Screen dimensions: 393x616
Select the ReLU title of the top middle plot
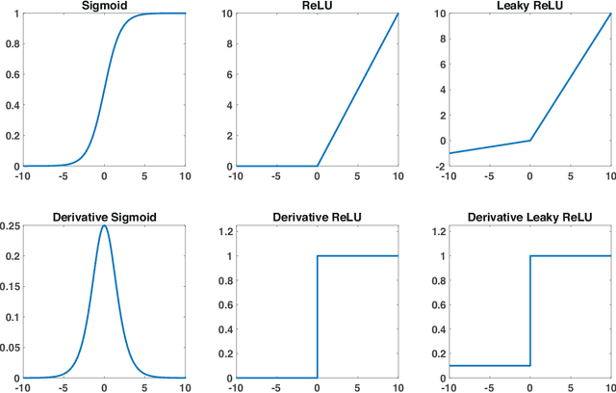(317, 7)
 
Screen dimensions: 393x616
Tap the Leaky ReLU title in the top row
(529, 7)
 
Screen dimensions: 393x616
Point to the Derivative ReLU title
(317, 218)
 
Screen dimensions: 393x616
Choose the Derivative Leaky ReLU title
(529, 218)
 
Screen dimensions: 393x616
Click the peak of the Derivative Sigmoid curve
(104, 226)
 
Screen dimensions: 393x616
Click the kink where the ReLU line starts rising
(317, 166)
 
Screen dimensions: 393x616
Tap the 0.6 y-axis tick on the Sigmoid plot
(13, 74)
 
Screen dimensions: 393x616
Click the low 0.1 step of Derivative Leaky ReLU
(488, 365)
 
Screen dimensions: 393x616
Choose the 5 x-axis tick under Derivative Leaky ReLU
(571, 387)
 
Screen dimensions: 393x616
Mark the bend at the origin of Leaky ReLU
(529, 141)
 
